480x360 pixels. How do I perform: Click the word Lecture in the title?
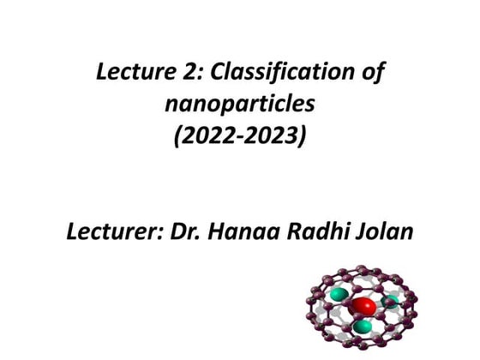click(129, 75)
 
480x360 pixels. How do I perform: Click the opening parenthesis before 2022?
click(178, 135)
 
